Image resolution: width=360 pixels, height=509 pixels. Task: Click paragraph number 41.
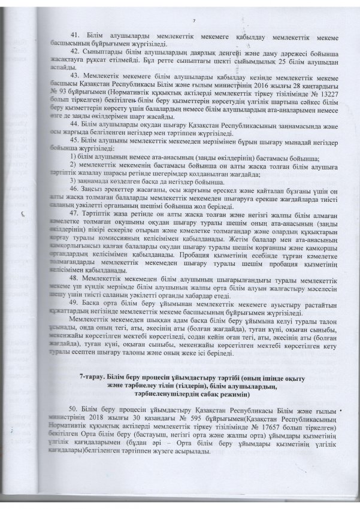click(x=75, y=35)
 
